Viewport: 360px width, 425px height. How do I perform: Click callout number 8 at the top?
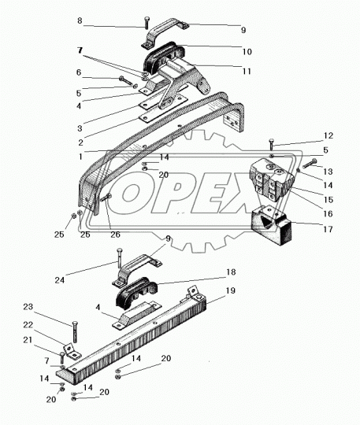80,20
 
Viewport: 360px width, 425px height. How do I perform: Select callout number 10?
247,51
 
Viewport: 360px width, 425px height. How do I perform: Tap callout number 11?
247,72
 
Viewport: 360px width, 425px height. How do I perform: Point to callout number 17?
328,229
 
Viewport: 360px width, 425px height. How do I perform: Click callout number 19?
230,290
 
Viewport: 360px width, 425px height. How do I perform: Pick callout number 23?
28,307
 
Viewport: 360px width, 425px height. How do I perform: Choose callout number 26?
115,235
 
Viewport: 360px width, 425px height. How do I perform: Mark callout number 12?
328,135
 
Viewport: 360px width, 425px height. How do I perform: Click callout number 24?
59,280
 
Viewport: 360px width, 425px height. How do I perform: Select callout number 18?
231,272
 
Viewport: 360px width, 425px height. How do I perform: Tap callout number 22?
28,324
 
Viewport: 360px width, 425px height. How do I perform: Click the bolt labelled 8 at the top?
147,23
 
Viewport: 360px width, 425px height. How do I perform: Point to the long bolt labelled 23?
75,332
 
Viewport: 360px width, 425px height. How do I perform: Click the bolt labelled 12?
272,145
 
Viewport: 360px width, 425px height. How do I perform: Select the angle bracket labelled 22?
72,352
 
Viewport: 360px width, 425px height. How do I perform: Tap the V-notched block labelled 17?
272,225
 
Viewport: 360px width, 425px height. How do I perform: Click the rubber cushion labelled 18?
137,293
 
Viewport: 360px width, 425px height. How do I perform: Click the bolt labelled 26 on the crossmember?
106,198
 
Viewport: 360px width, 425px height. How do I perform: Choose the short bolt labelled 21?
61,358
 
